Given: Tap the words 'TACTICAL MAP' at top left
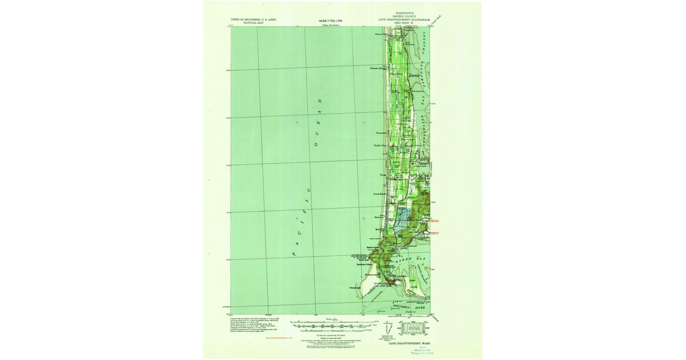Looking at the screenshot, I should coord(250,22).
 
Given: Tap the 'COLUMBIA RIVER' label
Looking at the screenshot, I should coord(413,306).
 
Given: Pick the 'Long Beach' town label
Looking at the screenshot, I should coord(380,194).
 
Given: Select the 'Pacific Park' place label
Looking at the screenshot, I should coord(381,145).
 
